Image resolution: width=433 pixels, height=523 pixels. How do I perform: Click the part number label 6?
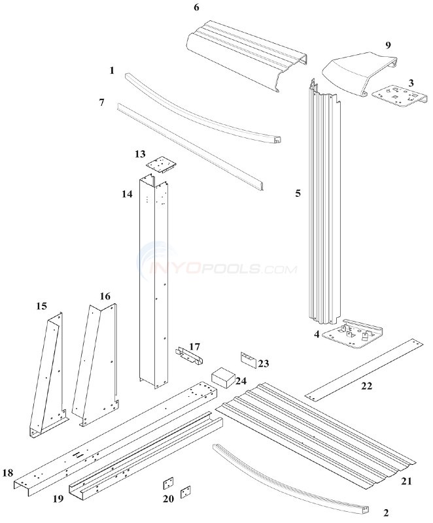[196, 7]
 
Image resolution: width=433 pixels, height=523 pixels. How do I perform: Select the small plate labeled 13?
[161, 163]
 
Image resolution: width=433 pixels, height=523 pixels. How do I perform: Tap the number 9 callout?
[388, 45]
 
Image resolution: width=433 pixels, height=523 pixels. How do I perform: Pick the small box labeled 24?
[221, 377]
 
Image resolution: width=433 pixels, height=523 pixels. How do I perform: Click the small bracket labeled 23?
[249, 357]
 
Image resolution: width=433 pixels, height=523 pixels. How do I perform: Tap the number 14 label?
[127, 194]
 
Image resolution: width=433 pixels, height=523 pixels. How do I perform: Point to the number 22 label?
[367, 386]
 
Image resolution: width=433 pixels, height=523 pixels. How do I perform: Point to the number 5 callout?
[298, 194]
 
